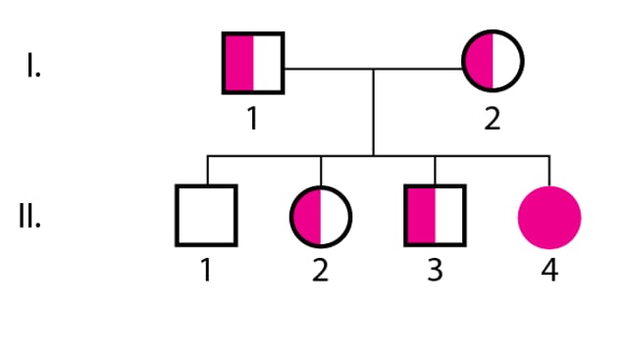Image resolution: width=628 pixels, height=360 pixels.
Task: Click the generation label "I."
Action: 33,69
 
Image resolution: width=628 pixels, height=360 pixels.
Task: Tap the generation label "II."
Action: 29,217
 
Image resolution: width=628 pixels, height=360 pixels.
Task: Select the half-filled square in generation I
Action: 254,62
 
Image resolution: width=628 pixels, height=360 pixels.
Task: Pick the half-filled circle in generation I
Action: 493,62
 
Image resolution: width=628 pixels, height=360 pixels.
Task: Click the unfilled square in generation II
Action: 207,215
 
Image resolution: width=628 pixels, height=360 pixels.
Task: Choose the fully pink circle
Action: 549,216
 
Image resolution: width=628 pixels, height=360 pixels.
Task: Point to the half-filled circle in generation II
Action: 321,215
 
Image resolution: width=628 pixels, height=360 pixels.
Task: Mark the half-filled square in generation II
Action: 435,215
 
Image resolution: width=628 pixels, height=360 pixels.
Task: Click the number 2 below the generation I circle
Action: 493,119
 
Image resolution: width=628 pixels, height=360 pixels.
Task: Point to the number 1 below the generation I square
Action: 253,119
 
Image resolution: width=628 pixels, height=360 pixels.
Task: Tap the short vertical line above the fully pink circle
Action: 549,169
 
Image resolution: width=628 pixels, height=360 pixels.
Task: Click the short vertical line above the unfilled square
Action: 207,170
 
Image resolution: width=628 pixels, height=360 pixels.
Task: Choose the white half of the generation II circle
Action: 336,215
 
